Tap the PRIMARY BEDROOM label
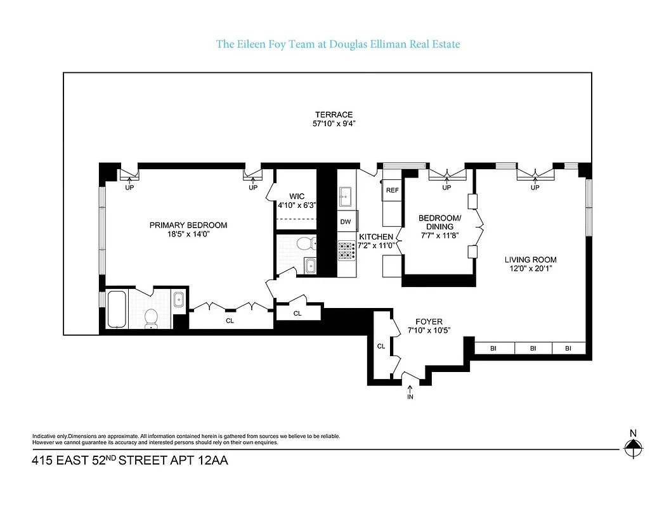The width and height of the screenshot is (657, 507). pyautogui.click(x=188, y=225)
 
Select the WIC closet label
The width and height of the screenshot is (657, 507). pyautogui.click(x=297, y=196)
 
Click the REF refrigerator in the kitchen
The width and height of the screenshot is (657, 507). pyautogui.click(x=392, y=190)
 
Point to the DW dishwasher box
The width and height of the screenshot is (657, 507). pyautogui.click(x=346, y=222)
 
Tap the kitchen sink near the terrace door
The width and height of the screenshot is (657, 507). pyautogui.click(x=346, y=196)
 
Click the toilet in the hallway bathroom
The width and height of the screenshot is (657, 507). pyautogui.click(x=306, y=243)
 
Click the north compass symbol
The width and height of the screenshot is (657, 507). pyautogui.click(x=632, y=449)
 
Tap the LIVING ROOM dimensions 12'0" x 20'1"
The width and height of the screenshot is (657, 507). pyautogui.click(x=531, y=268)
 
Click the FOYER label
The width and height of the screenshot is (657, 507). pyautogui.click(x=429, y=321)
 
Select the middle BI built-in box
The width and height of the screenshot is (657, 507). pyautogui.click(x=533, y=348)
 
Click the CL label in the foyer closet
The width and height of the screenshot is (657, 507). pyautogui.click(x=381, y=346)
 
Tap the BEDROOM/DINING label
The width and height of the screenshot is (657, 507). pyautogui.click(x=439, y=222)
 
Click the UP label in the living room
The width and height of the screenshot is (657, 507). pyautogui.click(x=535, y=188)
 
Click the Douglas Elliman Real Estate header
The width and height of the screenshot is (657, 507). pyautogui.click(x=338, y=44)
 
